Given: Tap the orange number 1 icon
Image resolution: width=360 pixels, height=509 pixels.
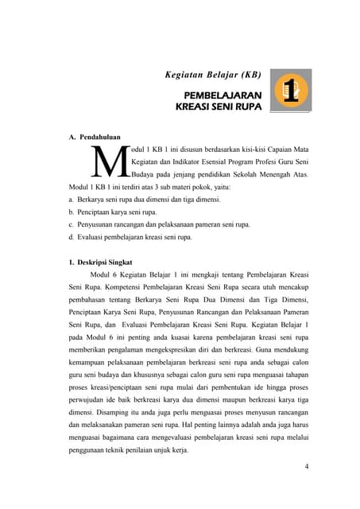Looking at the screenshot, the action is click(x=291, y=90).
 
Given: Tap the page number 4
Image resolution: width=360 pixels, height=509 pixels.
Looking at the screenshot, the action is click(x=306, y=466).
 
